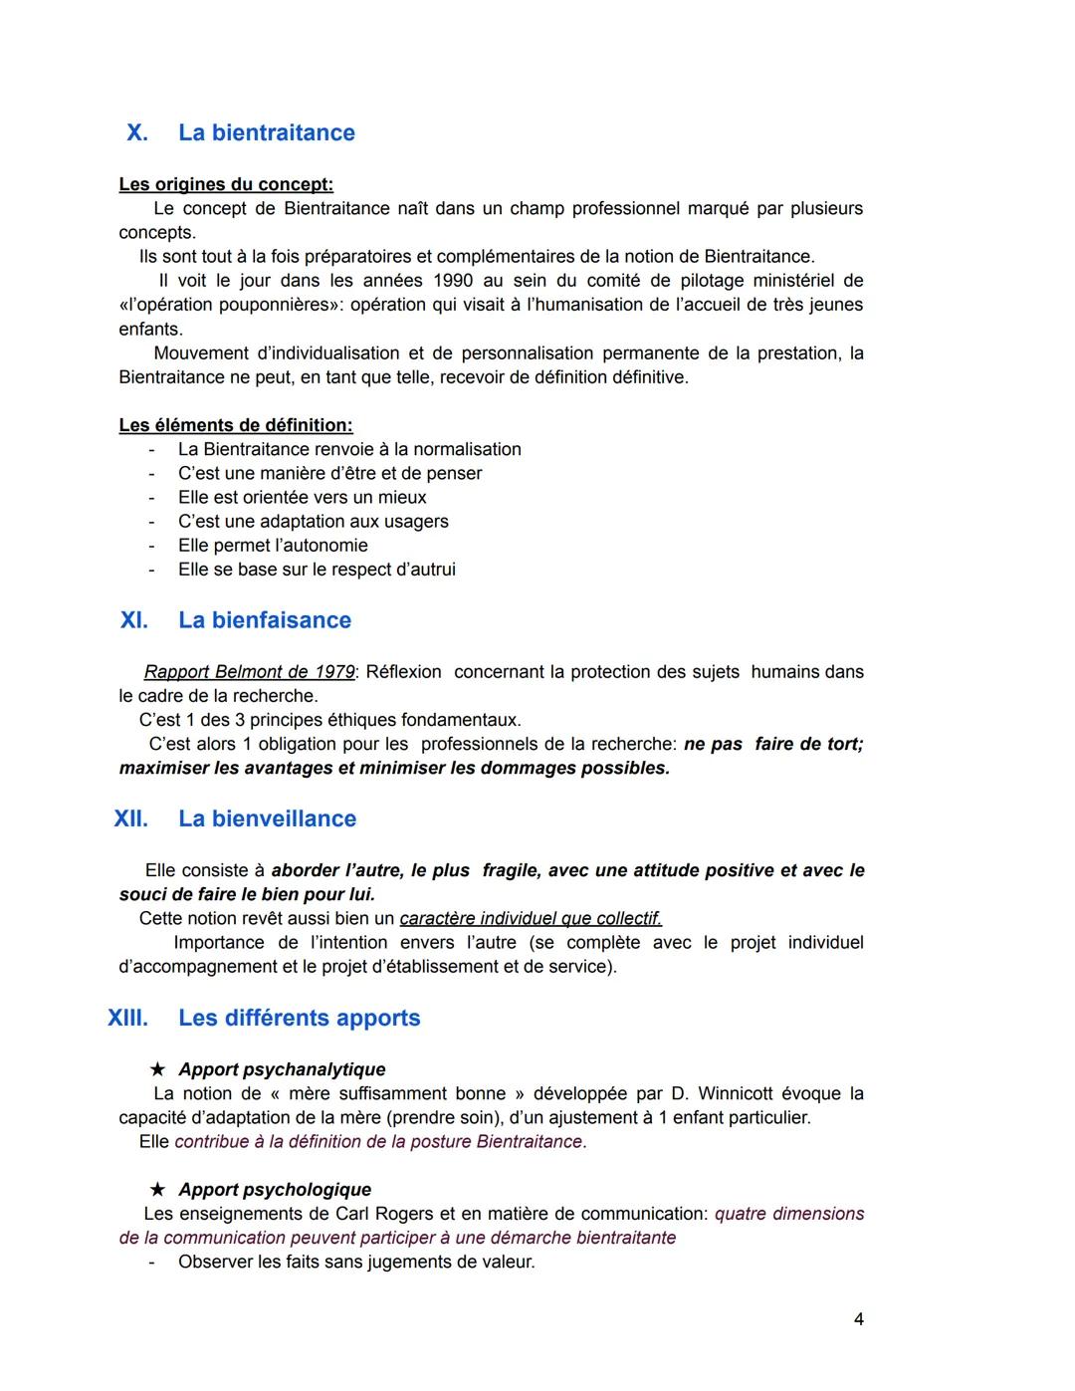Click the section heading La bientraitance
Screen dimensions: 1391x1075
(x=266, y=133)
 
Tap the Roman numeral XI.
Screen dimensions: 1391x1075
(x=134, y=620)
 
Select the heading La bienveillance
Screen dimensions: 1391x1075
(x=267, y=818)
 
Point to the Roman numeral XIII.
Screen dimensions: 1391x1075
(x=127, y=1018)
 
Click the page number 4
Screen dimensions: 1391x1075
(x=858, y=1319)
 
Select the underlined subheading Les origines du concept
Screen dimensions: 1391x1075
(x=226, y=184)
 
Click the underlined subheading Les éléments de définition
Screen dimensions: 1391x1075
(x=236, y=425)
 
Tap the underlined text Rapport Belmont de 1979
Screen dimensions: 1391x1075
(x=249, y=672)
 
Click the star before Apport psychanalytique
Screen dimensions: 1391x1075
(x=157, y=1070)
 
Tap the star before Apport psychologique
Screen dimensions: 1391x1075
(x=157, y=1190)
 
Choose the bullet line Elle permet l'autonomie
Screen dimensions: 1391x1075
(x=273, y=546)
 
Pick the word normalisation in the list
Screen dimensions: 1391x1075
(x=467, y=449)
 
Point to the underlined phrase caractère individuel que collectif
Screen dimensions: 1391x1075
(x=531, y=918)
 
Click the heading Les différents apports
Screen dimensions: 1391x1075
(x=299, y=1018)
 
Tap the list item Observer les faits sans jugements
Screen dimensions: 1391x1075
(x=356, y=1263)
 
